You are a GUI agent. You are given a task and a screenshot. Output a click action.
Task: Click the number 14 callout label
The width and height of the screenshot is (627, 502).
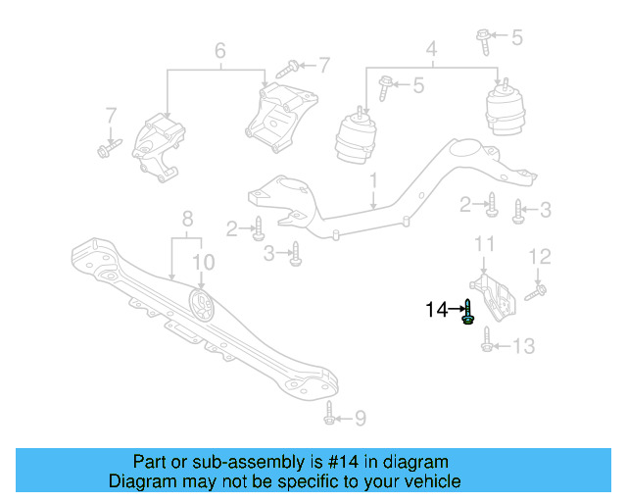436,310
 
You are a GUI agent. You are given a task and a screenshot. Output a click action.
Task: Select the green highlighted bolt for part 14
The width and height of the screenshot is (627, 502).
468,313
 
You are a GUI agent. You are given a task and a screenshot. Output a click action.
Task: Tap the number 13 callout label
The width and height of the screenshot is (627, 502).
524,346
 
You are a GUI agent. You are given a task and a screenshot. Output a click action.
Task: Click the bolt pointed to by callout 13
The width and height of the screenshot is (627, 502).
487,345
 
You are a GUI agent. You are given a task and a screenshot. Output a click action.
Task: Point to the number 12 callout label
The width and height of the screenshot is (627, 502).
541,257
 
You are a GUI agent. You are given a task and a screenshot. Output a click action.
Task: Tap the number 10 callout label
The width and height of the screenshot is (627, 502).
202,262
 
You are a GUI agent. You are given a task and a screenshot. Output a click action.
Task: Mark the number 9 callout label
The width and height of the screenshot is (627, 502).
360,419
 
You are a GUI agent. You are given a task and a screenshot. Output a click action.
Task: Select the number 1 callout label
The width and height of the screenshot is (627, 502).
373,181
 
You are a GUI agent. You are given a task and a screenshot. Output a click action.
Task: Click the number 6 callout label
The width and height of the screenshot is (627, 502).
219,50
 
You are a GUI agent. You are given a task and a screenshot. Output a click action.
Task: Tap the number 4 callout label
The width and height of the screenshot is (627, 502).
430,48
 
